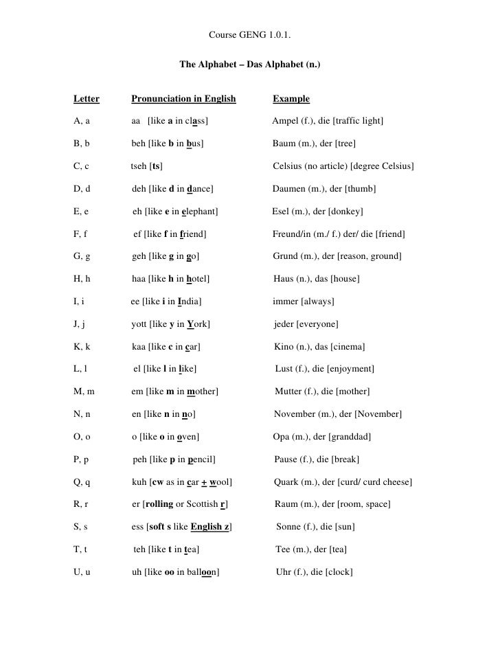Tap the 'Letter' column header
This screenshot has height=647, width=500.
(86, 99)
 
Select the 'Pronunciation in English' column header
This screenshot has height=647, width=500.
(183, 99)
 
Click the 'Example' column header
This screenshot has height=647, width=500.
(291, 99)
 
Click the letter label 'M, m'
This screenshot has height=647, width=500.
(84, 391)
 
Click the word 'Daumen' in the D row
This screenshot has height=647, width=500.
(289, 189)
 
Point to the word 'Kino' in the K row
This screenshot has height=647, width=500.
(285, 347)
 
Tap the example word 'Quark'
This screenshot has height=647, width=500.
(287, 482)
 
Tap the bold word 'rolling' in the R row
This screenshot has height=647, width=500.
(159, 505)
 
